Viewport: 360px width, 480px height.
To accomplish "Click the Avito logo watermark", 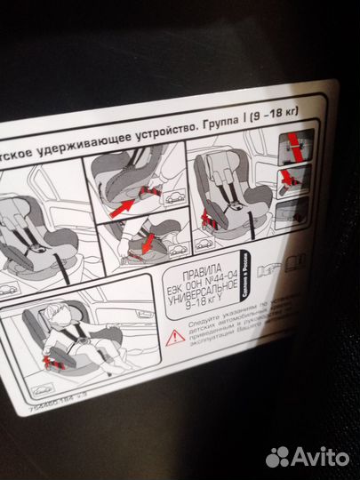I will (x=306, y=456).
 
